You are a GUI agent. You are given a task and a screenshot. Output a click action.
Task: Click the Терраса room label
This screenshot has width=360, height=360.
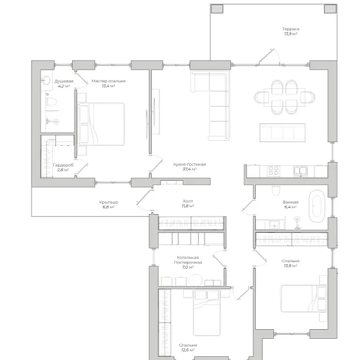point(291,29)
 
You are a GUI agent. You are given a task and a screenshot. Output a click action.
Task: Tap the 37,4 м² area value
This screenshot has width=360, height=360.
point(190,169)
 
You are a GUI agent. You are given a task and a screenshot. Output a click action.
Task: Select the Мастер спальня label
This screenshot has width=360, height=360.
point(109,81)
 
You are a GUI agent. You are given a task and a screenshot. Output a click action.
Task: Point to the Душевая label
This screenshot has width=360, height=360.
point(64,81)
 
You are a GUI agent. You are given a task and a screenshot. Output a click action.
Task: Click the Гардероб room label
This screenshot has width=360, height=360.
point(64,165)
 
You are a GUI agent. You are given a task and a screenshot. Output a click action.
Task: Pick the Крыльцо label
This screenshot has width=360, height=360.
point(109,203)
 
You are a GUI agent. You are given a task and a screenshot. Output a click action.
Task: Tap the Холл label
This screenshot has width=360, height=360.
point(188,201)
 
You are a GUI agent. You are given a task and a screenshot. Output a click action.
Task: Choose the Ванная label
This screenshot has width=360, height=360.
point(291,203)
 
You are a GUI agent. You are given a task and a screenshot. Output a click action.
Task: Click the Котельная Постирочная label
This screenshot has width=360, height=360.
point(188,260)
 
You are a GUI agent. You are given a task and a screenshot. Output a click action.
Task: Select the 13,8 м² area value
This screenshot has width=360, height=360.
point(291,265)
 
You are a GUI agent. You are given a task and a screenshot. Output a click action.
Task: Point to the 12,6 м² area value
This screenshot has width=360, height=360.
point(188,350)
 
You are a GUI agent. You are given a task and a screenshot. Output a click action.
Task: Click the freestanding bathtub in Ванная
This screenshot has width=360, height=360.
point(316,206)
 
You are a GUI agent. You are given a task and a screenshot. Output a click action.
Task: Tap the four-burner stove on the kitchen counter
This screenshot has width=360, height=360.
point(273,171)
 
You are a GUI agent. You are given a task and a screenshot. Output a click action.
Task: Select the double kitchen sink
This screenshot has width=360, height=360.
point(300,171)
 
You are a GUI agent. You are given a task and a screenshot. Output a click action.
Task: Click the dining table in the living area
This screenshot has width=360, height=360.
point(284,97)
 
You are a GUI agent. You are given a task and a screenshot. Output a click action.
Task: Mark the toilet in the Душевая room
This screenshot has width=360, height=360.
point(51,102)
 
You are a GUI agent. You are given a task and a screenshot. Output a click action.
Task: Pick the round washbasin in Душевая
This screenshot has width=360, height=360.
point(46,80)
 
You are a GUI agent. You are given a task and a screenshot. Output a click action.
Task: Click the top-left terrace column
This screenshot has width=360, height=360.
point(217,9)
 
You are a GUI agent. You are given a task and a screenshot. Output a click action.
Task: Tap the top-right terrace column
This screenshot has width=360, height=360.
point(330,9)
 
